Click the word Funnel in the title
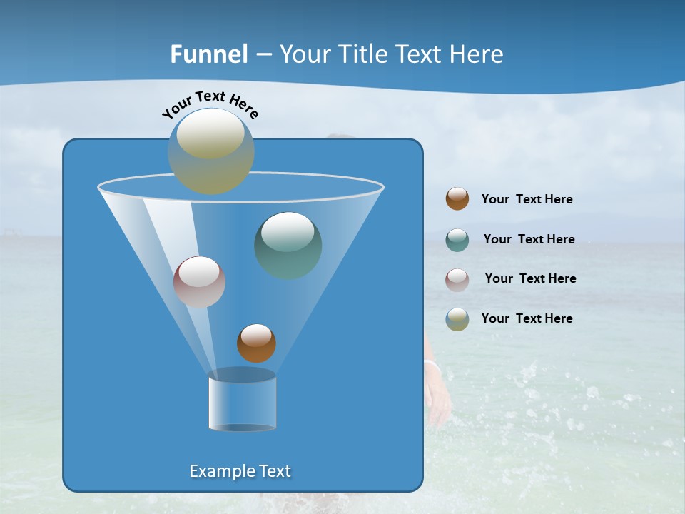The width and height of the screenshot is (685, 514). pyautogui.click(x=209, y=54)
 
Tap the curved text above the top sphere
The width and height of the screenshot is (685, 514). pyautogui.click(x=210, y=104)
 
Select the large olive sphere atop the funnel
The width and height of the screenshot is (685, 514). pyautogui.click(x=211, y=151)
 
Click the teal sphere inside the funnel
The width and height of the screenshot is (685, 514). pyautogui.click(x=288, y=246)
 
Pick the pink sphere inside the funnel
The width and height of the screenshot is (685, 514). pyautogui.click(x=199, y=282)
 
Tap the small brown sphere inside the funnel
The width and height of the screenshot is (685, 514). pyautogui.click(x=256, y=343)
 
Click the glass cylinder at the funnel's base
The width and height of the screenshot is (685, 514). pyautogui.click(x=242, y=401)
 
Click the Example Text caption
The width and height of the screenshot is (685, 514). pyautogui.click(x=240, y=471)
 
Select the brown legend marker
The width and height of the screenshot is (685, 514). pyautogui.click(x=457, y=199)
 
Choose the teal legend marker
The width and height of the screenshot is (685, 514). pyautogui.click(x=457, y=240)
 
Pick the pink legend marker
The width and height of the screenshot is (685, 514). pyautogui.click(x=457, y=279)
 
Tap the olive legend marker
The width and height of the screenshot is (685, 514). pyautogui.click(x=457, y=319)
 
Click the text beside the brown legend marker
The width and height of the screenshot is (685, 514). pyautogui.click(x=527, y=200)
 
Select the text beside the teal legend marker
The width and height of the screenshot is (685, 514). pyautogui.click(x=529, y=240)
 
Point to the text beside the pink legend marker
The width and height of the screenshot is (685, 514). pyautogui.click(x=530, y=279)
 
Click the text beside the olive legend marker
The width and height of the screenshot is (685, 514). pyautogui.click(x=527, y=319)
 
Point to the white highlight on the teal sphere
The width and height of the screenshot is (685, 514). pyautogui.click(x=288, y=231)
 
